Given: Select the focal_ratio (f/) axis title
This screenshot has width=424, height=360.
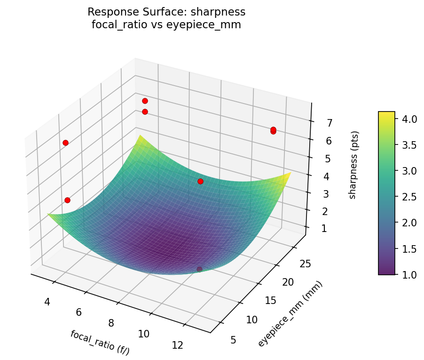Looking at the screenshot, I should (100, 342).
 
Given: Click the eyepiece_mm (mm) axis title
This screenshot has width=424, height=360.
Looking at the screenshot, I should (290, 313).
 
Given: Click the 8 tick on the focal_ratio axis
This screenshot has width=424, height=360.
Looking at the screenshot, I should (111, 323).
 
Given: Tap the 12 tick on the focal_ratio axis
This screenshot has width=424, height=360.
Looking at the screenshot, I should (177, 345).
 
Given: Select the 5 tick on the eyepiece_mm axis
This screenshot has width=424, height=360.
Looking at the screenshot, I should (234, 340).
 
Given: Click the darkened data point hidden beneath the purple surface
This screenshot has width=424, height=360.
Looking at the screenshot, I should (199, 269).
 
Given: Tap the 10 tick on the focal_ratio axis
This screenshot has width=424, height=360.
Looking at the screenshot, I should (144, 334).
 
